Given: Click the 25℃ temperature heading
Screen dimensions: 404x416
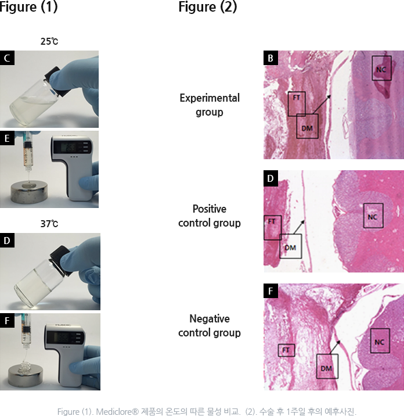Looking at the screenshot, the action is [49, 41].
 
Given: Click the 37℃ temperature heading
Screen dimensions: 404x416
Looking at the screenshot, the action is [49, 224].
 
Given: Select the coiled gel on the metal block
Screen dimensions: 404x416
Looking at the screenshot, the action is [25, 367].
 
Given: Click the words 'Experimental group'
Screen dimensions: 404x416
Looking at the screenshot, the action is [210, 105].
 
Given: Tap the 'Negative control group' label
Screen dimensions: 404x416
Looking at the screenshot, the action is [210, 325].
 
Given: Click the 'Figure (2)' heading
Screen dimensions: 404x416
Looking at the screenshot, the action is [208, 6].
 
